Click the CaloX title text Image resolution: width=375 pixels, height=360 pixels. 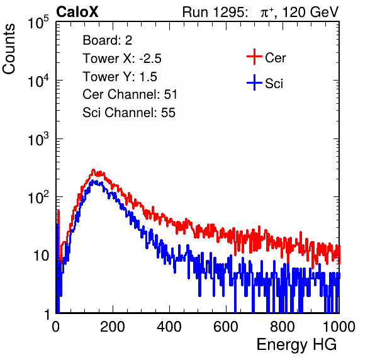77,12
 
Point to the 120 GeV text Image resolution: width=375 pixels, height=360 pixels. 311,12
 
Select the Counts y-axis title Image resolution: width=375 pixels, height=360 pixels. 9,49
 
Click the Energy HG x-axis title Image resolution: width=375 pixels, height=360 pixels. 296,345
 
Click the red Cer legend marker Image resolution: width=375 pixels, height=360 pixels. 254,57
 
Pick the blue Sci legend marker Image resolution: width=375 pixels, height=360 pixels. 254,82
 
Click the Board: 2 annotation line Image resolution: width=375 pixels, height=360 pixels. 108,40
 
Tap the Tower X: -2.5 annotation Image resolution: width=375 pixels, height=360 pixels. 122,59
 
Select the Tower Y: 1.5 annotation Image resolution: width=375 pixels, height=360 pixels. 120,77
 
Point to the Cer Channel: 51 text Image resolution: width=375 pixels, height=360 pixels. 130,94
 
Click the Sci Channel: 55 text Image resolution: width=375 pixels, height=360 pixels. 129,113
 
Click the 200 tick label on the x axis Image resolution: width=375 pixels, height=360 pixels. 113,327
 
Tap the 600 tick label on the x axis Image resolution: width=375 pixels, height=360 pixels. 226,327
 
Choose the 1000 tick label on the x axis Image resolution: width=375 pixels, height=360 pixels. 339,327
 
